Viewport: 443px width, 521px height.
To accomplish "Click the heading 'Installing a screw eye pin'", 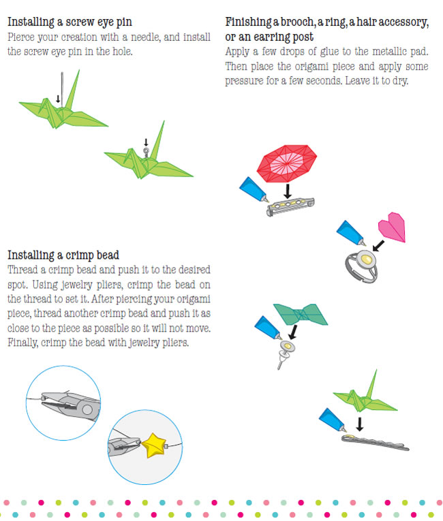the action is [70, 22].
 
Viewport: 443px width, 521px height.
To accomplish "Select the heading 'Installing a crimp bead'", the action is [63, 255].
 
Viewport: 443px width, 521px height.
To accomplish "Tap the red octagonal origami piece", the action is [287, 163].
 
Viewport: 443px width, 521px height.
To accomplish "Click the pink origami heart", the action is [392, 227].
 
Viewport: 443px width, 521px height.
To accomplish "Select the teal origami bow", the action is [301, 314].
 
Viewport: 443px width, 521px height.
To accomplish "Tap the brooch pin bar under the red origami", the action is [290, 206].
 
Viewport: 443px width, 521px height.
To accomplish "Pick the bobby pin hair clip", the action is [375, 443].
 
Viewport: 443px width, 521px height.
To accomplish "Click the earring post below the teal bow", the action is [284, 353].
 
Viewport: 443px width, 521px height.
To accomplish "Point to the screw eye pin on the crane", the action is [146, 153].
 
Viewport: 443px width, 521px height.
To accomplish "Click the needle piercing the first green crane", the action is [62, 91].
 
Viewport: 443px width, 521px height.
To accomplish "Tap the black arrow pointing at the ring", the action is [378, 246].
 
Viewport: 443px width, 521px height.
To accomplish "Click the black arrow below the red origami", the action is [288, 191].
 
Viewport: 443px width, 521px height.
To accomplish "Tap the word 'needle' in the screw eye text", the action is [146, 37].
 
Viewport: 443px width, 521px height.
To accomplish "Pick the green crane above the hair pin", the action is [365, 397].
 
